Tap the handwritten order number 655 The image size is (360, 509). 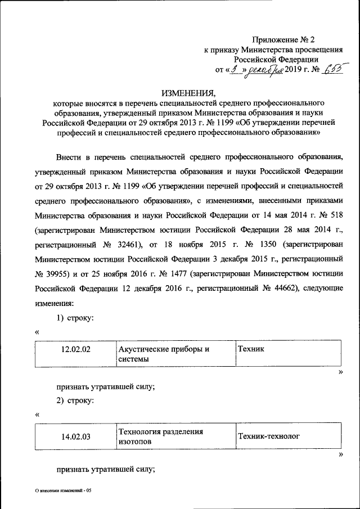(x=331, y=69)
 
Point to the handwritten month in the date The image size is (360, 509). (x=265, y=70)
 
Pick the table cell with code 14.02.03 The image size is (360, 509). (x=75, y=436)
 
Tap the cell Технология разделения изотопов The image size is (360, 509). (x=174, y=436)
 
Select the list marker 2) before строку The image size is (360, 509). (x=61, y=400)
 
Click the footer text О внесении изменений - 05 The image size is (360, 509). (x=62, y=490)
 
